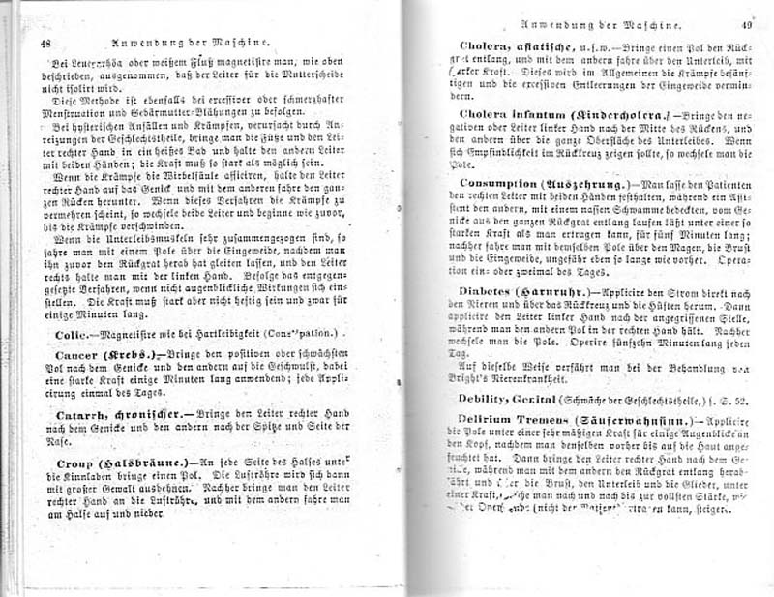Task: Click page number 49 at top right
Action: click(746, 27)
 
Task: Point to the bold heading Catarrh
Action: click(74, 415)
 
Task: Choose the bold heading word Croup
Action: click(67, 463)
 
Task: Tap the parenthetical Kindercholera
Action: click(620, 114)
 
